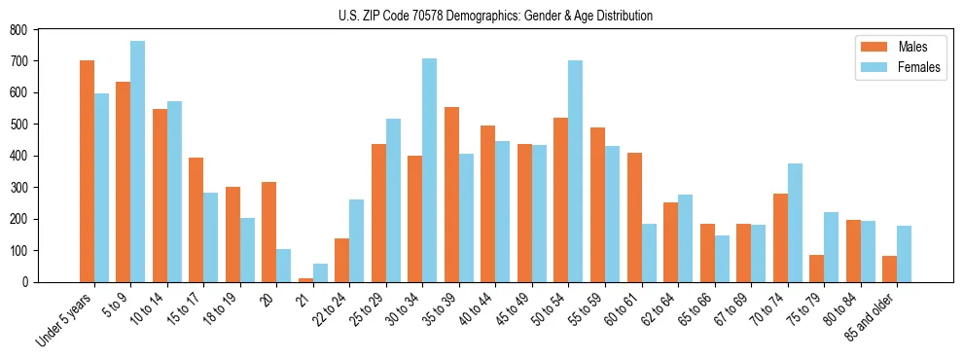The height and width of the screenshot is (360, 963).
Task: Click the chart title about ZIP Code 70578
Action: pyautogui.click(x=481, y=16)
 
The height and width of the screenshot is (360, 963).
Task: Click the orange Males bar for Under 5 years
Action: pyautogui.click(x=87, y=171)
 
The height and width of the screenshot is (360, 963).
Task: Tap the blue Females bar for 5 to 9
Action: pyautogui.click(x=137, y=162)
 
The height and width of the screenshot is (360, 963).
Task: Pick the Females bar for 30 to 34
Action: pyautogui.click(x=429, y=170)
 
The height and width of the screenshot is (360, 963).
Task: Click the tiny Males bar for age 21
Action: pyautogui.click(x=305, y=279)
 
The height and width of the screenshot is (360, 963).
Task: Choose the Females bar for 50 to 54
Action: pyautogui.click(x=575, y=171)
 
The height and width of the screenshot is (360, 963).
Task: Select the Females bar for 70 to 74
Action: pyautogui.click(x=794, y=223)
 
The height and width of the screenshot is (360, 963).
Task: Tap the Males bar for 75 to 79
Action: pyautogui.click(x=816, y=269)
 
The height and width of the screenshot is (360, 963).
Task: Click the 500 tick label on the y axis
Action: pyautogui.click(x=18, y=125)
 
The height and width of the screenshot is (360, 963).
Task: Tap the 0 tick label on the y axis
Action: pyautogui.click(x=24, y=282)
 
